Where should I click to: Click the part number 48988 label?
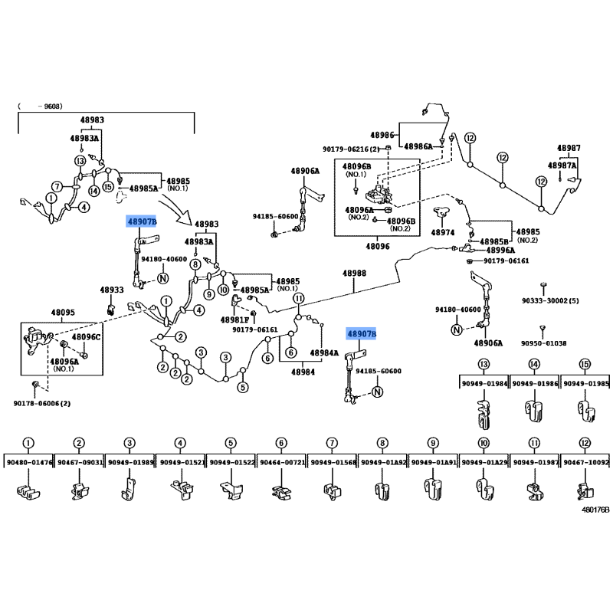point(354,273)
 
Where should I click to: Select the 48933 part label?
point(111,290)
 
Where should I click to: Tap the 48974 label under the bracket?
point(443,232)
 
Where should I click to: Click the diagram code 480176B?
point(595,510)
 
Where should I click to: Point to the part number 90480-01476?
point(29,462)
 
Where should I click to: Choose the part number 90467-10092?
point(585,462)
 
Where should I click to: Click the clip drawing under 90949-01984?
point(484,415)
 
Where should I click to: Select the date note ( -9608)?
point(40,106)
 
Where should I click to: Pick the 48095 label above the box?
point(63,313)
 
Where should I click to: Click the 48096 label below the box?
point(377,246)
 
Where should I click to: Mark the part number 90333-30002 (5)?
point(550,300)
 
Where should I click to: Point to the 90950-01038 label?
point(543,343)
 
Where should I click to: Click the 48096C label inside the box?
point(86,336)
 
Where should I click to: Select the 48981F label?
point(234,320)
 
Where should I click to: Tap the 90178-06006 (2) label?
point(42,403)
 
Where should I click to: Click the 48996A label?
point(500,251)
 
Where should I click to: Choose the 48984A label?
point(324,353)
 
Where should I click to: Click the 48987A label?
point(562,166)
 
